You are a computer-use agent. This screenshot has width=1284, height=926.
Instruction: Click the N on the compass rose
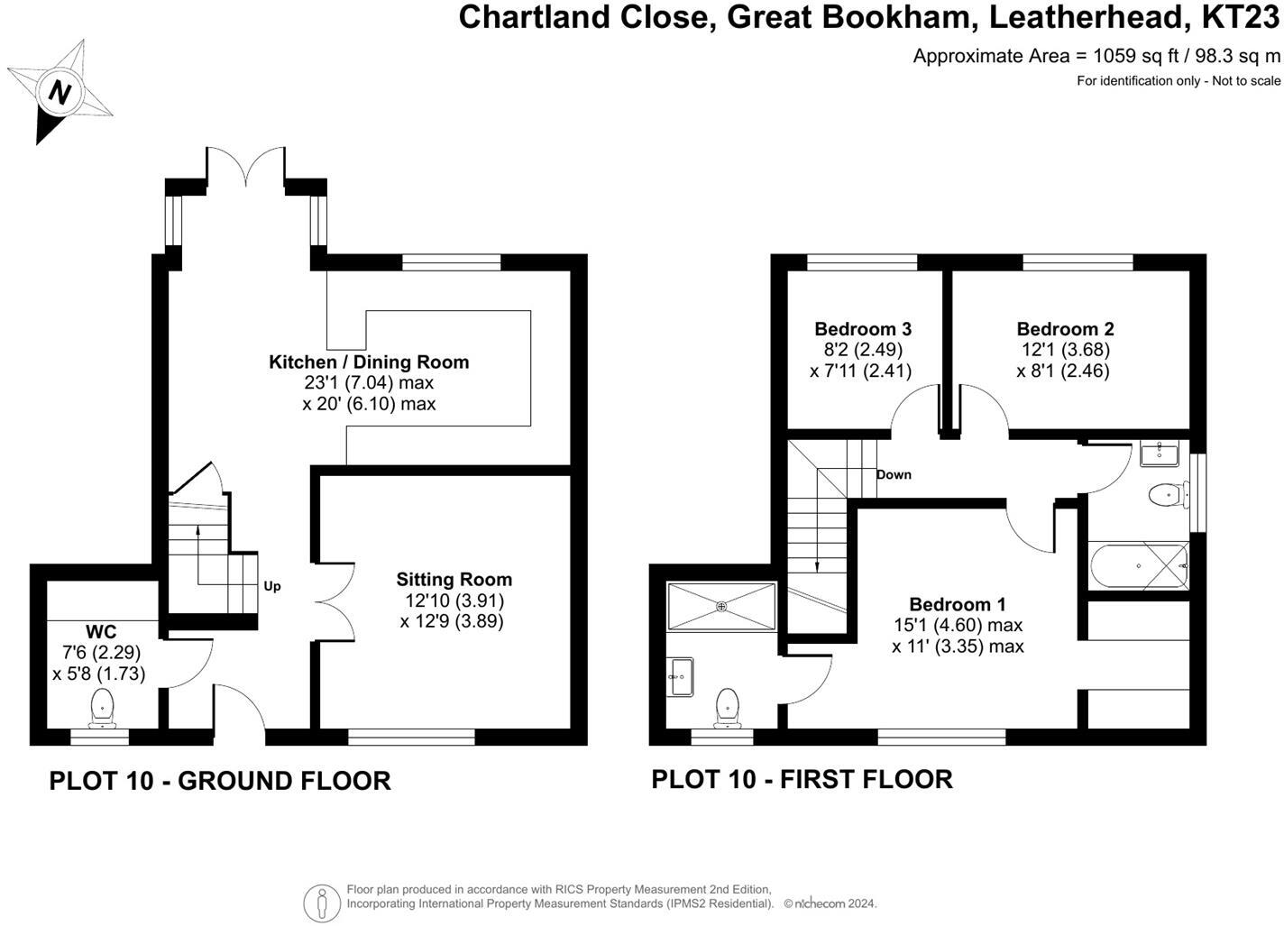pos(60,92)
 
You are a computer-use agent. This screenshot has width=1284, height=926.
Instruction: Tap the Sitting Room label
pos(454,580)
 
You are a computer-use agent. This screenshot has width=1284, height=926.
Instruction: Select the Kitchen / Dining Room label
pos(369,362)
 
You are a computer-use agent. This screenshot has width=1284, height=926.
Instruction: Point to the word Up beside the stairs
pos(272,586)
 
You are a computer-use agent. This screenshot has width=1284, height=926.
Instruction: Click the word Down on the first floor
pos(894,474)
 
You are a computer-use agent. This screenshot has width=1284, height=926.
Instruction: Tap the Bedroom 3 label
pos(863,329)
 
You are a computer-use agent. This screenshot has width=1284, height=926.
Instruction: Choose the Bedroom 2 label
pos(1065,329)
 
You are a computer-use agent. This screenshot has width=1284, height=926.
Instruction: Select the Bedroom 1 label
pos(958,605)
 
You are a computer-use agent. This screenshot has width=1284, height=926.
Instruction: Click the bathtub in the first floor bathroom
pos(1140,565)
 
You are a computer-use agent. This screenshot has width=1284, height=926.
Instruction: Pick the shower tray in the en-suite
pos(721,607)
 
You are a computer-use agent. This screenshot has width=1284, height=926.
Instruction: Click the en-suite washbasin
pos(681,676)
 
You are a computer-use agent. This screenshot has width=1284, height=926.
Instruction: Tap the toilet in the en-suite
pos(727,708)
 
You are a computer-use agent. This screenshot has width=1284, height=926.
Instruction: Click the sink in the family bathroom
pos(1160,454)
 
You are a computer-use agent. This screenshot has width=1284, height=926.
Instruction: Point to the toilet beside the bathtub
pos(1168,494)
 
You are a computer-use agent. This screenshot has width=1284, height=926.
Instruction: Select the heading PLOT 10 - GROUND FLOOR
pos(220,781)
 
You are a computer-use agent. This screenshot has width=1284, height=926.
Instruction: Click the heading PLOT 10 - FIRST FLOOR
pos(802,779)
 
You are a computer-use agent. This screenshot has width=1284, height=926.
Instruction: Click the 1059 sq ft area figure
pos(1135,56)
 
